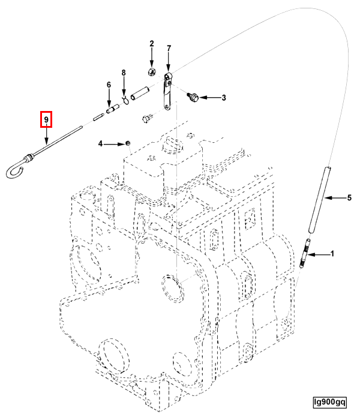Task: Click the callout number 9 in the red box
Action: pyautogui.click(x=46, y=120)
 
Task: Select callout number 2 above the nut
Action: pyautogui.click(x=152, y=44)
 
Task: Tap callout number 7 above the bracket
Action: pyautogui.click(x=169, y=48)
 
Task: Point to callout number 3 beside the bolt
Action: pyautogui.click(x=224, y=97)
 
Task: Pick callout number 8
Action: pyautogui.click(x=124, y=73)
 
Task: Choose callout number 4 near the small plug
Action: pyautogui.click(x=101, y=143)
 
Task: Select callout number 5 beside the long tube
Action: pyautogui.click(x=350, y=197)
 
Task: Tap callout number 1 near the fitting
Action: pyautogui.click(x=332, y=254)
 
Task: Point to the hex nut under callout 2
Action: pyautogui.click(x=151, y=72)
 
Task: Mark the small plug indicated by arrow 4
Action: pyautogui.click(x=127, y=142)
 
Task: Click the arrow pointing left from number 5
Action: pyautogui.click(x=336, y=197)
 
